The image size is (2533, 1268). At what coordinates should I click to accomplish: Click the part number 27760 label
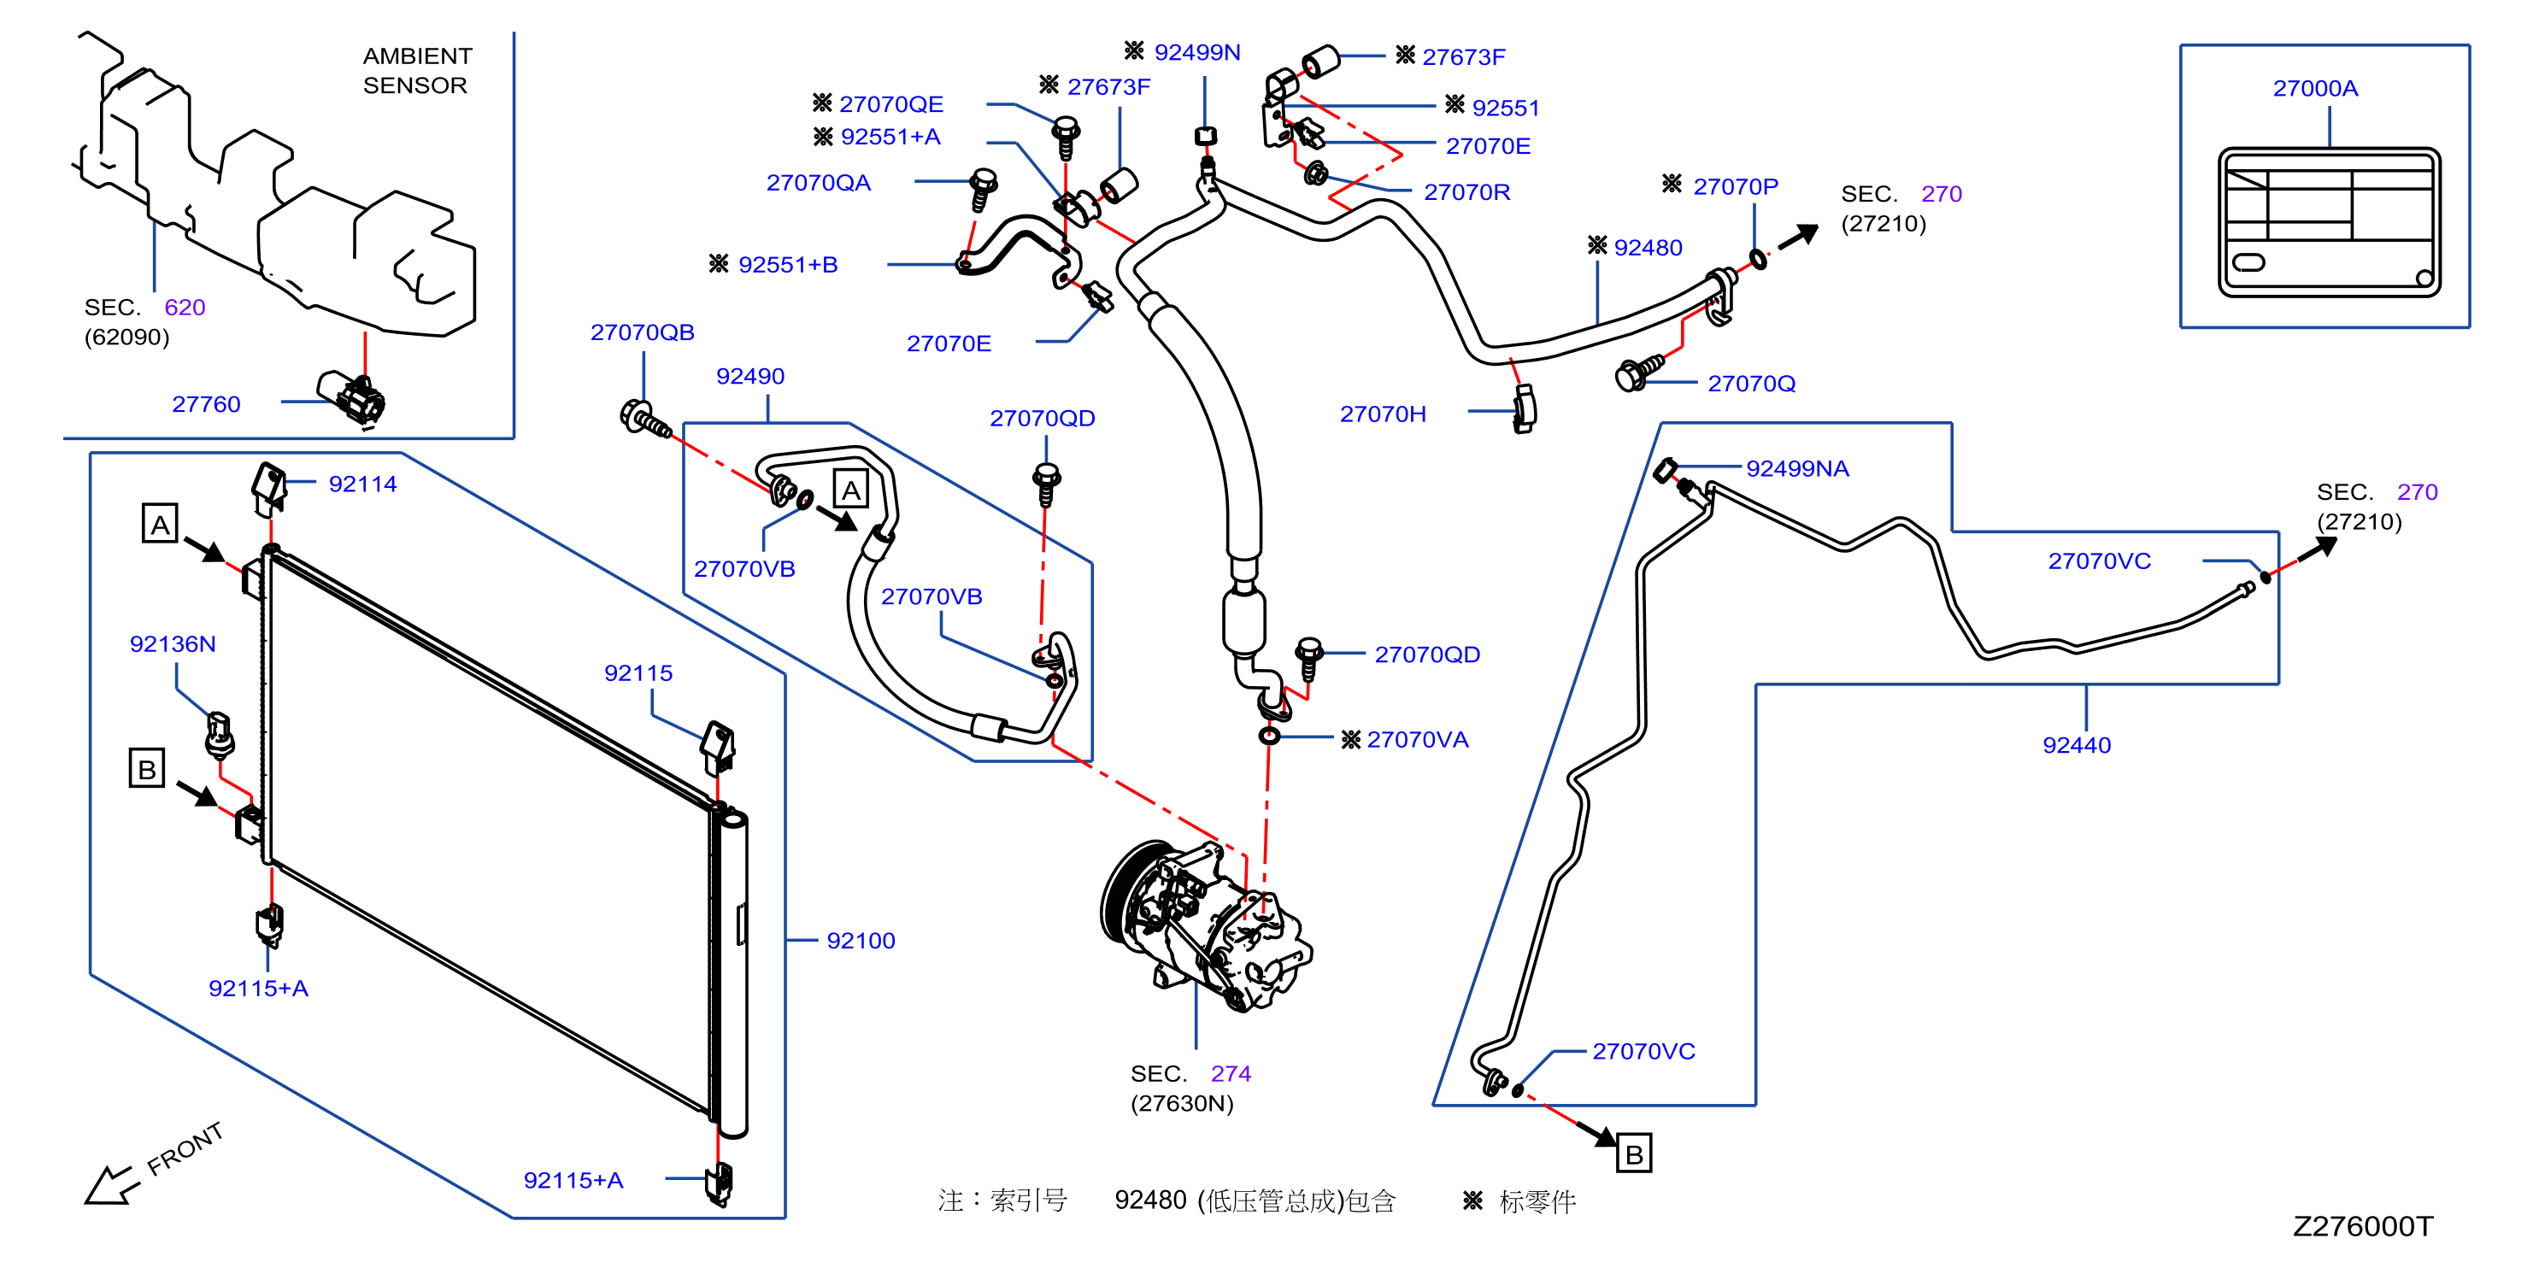pos(207,404)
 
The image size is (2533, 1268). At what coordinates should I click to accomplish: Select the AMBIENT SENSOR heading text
pos(417,71)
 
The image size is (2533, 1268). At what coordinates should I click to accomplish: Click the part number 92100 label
pos(861,941)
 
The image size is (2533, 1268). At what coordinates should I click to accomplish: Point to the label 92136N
pos(173,644)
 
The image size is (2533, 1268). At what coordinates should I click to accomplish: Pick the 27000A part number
pos(2315,89)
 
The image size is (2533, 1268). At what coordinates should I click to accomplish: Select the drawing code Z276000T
pos(2363,1226)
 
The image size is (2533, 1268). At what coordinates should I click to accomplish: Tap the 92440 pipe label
pos(2077,745)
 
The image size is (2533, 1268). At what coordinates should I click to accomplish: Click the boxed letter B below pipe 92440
pos(1634,1154)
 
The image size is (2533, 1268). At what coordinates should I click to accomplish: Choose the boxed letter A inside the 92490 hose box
pos(850,490)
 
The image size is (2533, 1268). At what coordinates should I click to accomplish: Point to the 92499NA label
pos(1796,469)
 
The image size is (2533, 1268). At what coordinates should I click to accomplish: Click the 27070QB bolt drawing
pos(644,419)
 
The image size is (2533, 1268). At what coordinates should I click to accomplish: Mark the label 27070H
pos(1383,414)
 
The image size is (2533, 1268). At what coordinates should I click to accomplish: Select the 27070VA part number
pos(1417,739)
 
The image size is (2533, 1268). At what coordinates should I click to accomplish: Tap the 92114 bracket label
pos(363,484)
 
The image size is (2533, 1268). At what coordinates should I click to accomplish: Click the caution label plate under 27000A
pos(2330,222)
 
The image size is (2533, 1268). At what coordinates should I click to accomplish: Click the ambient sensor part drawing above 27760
pos(352,397)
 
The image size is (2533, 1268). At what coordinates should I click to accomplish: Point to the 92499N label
pos(1196,52)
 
